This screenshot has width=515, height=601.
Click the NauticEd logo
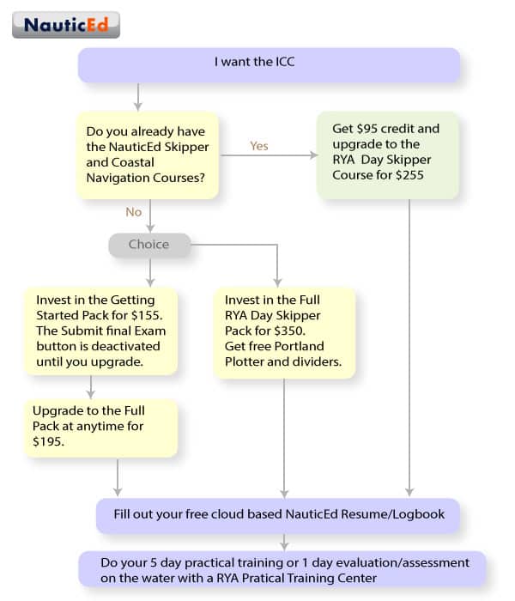(x=65, y=24)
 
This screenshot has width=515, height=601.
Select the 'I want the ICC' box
(x=269, y=64)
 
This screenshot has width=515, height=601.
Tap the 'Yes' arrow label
(x=258, y=146)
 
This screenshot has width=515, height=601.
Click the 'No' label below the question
(x=133, y=212)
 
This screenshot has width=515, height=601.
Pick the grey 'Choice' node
(x=148, y=245)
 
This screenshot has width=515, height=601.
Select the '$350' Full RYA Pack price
(x=306, y=331)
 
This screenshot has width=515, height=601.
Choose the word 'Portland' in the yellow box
(x=300, y=346)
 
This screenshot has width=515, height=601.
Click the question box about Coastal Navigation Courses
(x=148, y=155)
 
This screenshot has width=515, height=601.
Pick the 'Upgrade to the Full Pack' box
(x=102, y=427)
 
